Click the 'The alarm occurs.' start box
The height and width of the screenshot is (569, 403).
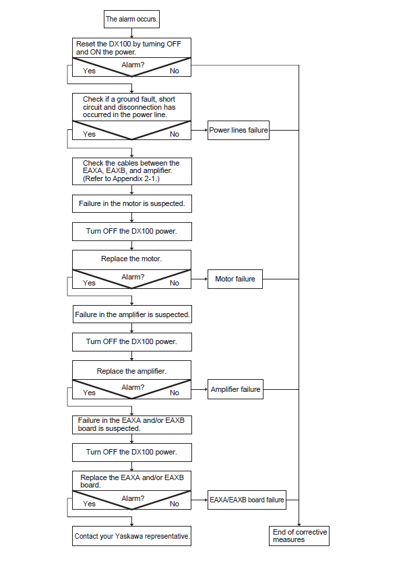[x=131, y=20]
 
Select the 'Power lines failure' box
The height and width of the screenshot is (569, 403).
[x=238, y=130]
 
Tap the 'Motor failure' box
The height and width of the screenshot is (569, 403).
[x=235, y=279]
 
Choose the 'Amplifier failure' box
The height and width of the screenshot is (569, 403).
[x=235, y=389]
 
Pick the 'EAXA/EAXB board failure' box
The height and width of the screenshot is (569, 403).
[x=247, y=500]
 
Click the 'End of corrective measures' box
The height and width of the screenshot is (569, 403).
[x=299, y=536]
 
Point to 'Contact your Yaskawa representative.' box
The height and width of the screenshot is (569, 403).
[x=132, y=536]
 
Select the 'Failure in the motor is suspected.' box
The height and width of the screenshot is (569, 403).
[x=132, y=203]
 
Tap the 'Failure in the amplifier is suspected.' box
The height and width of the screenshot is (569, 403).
[x=132, y=314]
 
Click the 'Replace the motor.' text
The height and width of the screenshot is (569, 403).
[x=131, y=259]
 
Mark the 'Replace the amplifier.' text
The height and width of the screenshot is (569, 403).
[x=131, y=371]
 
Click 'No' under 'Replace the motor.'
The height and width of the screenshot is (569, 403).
[x=175, y=283]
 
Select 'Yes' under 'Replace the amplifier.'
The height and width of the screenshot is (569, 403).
[x=89, y=393]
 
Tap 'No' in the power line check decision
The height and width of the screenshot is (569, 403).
[x=175, y=134]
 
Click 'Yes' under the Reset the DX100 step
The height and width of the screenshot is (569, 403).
[x=89, y=71]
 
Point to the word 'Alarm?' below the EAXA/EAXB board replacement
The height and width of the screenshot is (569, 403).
[x=133, y=498]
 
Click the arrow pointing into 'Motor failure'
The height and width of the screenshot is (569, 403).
[x=199, y=279]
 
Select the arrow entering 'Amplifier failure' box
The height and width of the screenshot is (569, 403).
[x=199, y=389]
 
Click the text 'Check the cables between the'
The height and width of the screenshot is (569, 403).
[x=131, y=163]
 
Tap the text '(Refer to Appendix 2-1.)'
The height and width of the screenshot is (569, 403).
[x=121, y=178]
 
